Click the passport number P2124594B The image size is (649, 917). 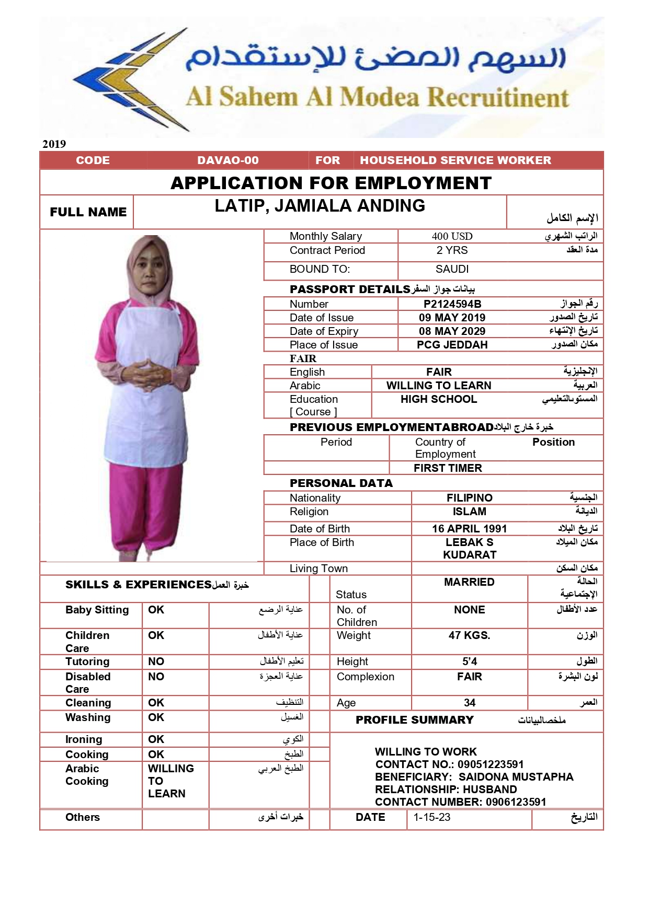[x=452, y=304]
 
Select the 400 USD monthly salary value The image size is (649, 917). [x=452, y=236]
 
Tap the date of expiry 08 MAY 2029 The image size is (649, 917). [x=452, y=331]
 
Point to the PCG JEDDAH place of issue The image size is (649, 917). [x=452, y=345]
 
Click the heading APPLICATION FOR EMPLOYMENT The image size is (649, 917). [x=331, y=183]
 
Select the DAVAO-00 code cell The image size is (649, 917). [x=228, y=160]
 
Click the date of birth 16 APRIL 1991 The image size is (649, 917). [x=469, y=529]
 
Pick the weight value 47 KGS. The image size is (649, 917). [x=469, y=635]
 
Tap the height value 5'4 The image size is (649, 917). [x=469, y=661]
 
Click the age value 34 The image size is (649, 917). [x=469, y=703]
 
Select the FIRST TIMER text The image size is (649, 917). [x=448, y=468]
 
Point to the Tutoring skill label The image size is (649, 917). [x=87, y=661]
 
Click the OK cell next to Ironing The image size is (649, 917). [x=156, y=739]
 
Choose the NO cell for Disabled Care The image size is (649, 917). [x=156, y=677]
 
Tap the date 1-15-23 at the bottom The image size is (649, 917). [x=431, y=817]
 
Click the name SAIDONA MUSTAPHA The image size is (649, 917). [x=516, y=777]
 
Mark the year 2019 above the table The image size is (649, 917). [x=54, y=144]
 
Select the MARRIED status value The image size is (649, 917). [x=469, y=582]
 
